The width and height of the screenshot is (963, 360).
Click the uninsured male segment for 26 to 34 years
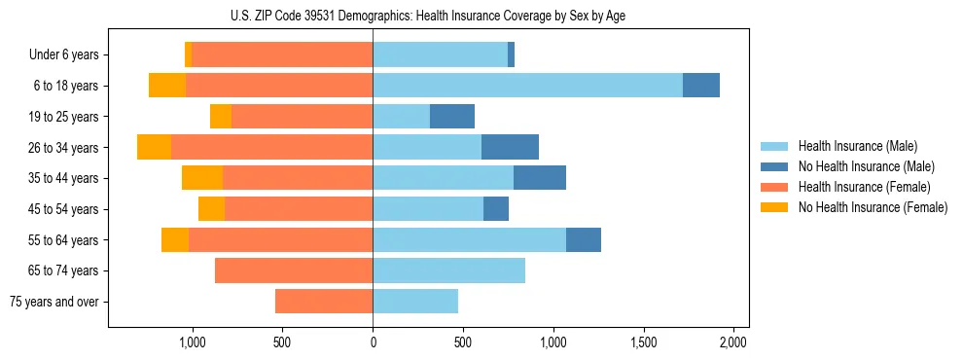(x=510, y=147)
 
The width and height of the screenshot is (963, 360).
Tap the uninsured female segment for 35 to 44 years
(x=202, y=178)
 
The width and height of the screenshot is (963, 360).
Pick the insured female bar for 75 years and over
(x=324, y=302)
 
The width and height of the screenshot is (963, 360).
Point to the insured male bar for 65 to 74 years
(x=448, y=270)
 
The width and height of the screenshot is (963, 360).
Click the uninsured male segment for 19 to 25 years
(x=452, y=117)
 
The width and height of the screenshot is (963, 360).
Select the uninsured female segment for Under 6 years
(x=188, y=54)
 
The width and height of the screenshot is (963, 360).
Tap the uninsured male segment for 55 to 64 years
(x=584, y=239)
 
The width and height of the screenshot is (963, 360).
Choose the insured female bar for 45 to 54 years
(x=299, y=209)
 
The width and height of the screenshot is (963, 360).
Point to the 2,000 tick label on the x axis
(x=732, y=342)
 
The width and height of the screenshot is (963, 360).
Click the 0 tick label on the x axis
(x=373, y=342)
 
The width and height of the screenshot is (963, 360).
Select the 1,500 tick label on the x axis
(x=643, y=342)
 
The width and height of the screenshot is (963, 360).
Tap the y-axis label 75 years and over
(x=54, y=302)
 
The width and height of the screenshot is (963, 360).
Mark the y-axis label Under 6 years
(x=63, y=54)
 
